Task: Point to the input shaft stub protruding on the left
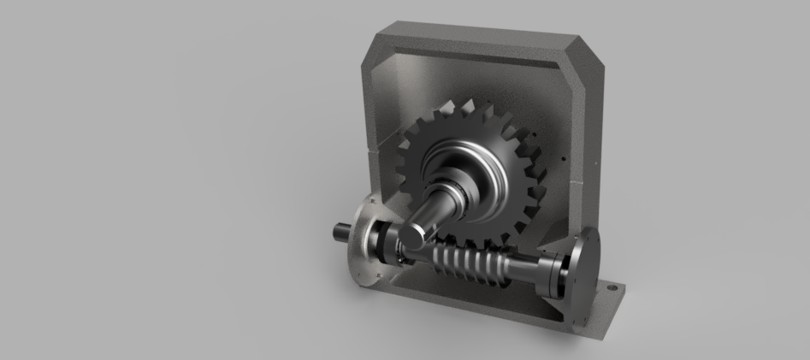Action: (342, 231)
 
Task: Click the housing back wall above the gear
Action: (479, 77)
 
